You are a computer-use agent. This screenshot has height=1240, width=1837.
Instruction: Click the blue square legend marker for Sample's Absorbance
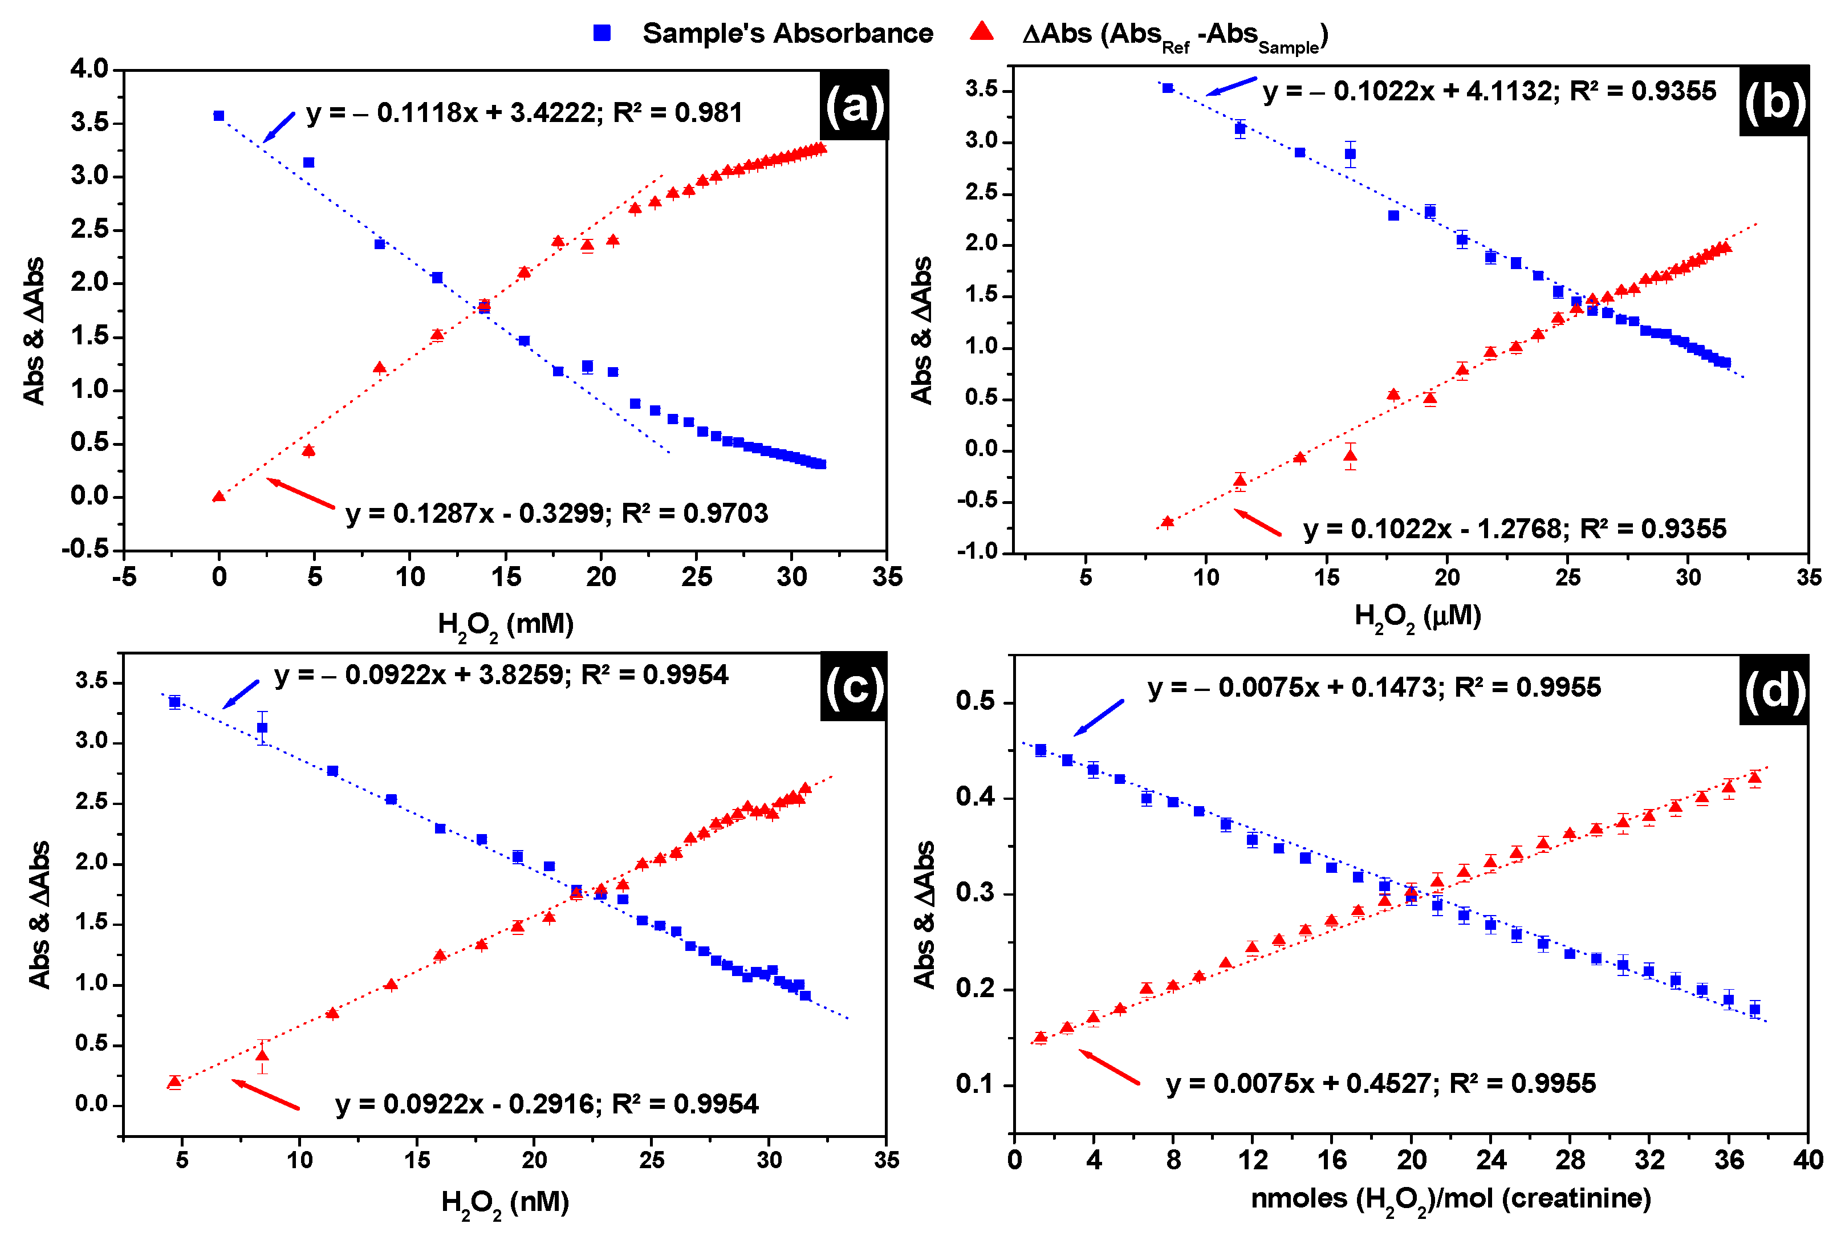[602, 33]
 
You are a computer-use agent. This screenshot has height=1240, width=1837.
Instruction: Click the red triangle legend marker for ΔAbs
[982, 31]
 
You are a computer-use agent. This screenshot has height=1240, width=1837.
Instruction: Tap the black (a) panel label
[854, 105]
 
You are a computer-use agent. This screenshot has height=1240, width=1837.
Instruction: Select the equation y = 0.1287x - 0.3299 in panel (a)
[556, 514]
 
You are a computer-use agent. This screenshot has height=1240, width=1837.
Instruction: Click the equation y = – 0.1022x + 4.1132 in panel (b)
[1489, 92]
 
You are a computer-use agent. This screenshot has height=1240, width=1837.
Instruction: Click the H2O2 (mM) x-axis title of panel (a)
[506, 624]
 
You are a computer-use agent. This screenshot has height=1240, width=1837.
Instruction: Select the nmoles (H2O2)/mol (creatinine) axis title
[1450, 1199]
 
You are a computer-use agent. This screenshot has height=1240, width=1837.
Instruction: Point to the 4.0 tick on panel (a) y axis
[90, 70]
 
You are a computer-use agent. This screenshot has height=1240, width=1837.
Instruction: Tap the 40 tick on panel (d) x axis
[1808, 1160]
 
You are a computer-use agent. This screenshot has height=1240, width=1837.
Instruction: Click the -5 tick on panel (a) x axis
[124, 577]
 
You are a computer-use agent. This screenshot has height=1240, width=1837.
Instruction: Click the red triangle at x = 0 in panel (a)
[219, 497]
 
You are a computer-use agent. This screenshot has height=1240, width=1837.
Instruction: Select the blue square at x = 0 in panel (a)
[219, 115]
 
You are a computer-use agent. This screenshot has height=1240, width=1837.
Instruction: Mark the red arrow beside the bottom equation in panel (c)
[266, 1095]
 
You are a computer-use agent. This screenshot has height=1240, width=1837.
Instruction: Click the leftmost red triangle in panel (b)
[1168, 522]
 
